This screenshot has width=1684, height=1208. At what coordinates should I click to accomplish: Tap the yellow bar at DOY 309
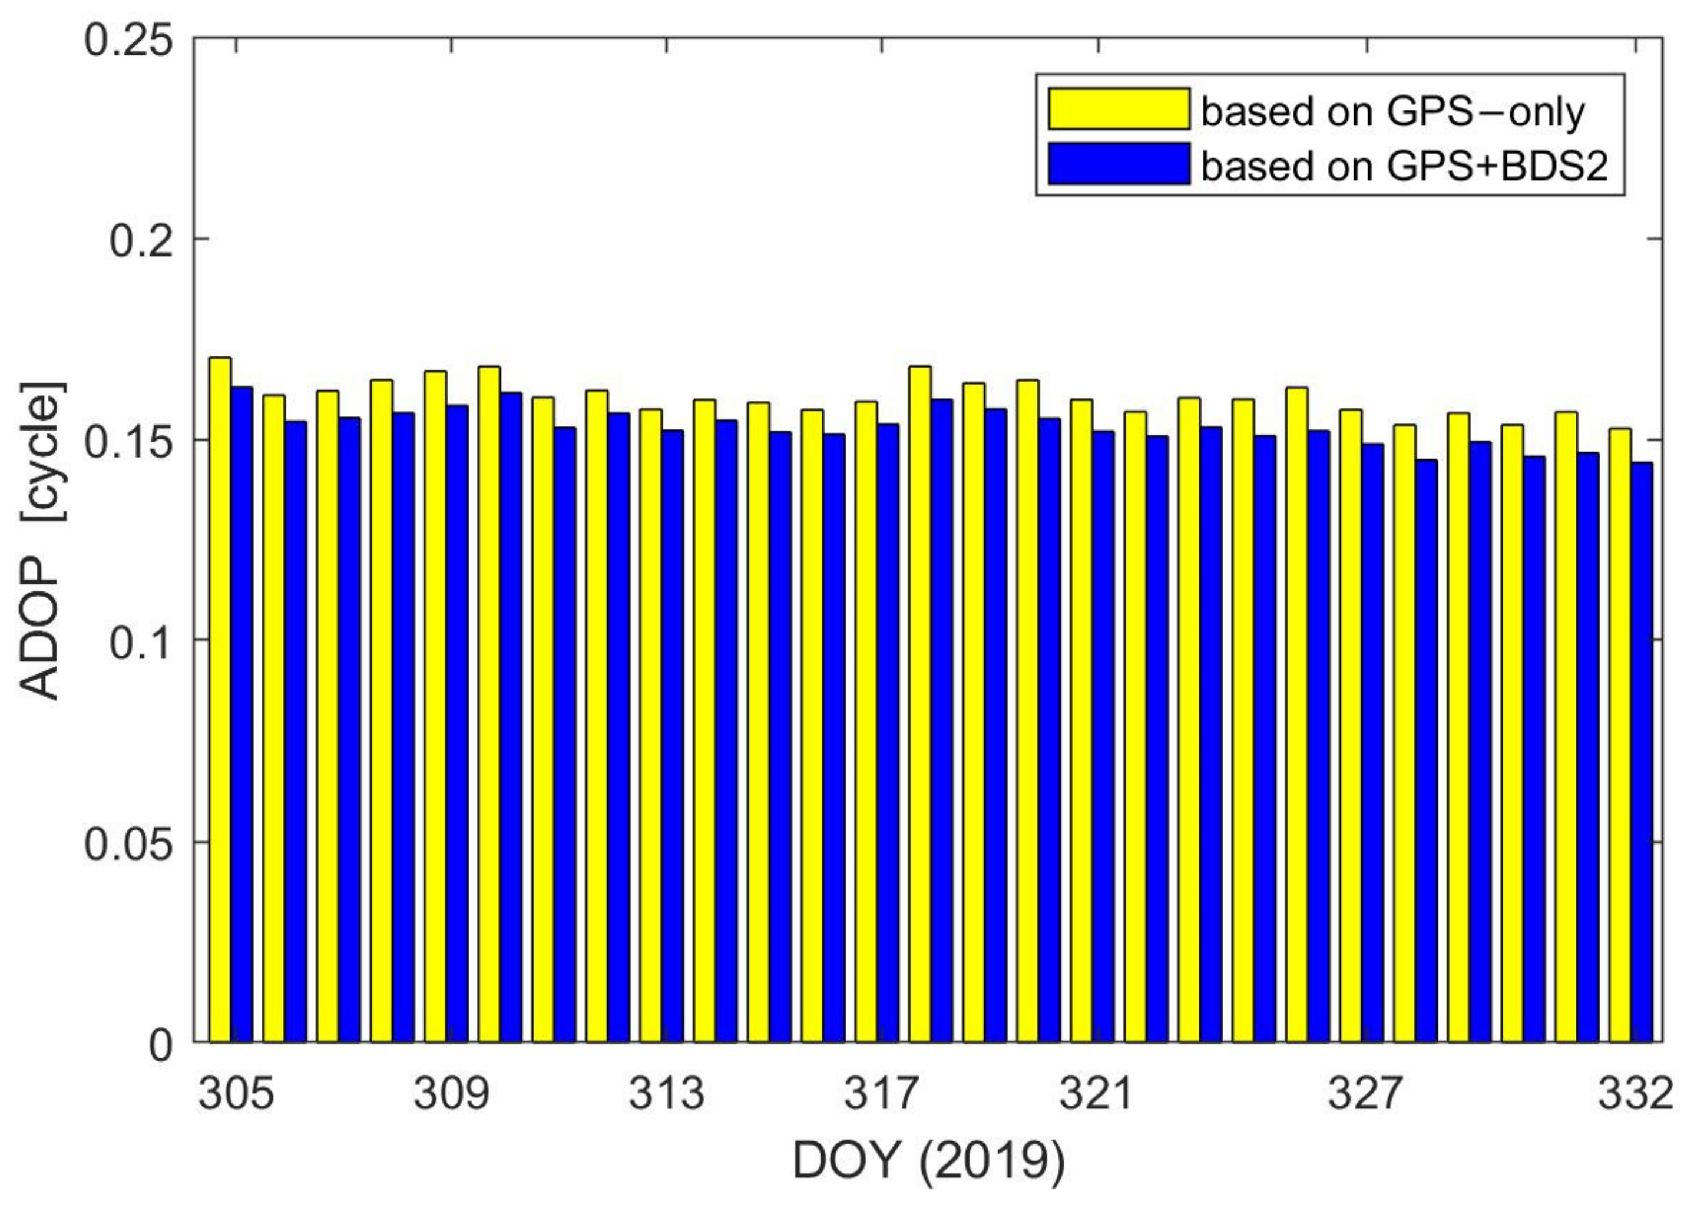pos(436,706)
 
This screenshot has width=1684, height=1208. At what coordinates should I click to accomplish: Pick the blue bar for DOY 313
pos(673,736)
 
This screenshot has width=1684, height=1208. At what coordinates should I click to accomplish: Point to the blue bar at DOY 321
pos(1103,736)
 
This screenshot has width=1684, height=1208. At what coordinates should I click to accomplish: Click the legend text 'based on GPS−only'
pos(1393,112)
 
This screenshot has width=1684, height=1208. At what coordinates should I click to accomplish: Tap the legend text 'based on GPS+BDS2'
pos(1403,166)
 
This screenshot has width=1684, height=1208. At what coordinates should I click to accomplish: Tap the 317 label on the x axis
pos(881,1094)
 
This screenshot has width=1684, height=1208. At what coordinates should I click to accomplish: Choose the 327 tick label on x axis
pos(1364,1094)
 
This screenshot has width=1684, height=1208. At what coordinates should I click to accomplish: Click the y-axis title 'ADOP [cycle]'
pos(41,541)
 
